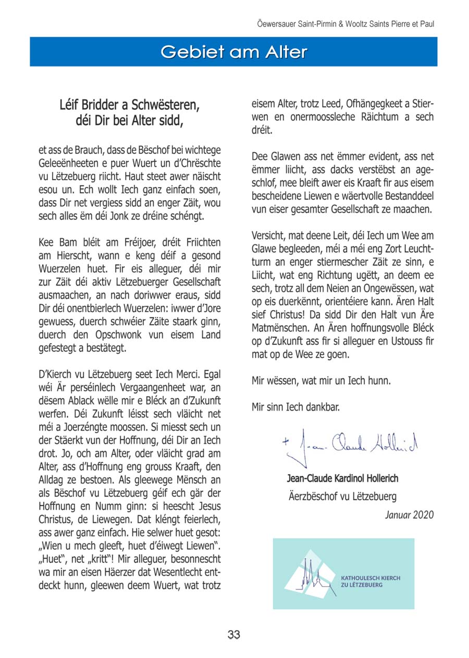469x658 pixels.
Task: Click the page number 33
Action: point(233,635)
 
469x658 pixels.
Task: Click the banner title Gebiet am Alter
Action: point(233,52)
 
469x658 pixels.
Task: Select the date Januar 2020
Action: point(409,515)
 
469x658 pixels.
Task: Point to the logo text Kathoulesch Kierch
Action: point(371,578)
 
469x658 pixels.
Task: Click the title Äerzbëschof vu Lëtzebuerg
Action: point(342,496)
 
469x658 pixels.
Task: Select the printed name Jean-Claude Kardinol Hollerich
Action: point(342,478)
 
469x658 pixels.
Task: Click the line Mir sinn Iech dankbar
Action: point(295,407)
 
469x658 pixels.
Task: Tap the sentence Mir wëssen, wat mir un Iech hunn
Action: point(321,380)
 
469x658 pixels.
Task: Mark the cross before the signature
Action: point(286,441)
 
